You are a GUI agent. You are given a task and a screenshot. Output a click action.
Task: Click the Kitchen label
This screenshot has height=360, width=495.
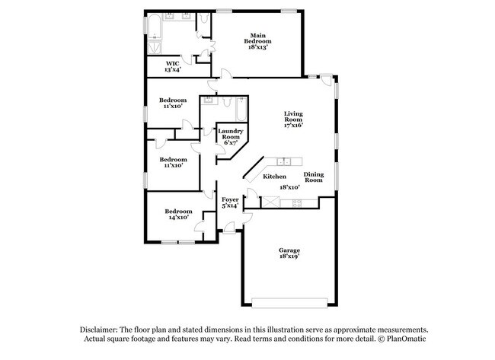pos(274,177)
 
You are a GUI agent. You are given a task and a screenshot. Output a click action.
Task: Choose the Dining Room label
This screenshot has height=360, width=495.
pos(314,177)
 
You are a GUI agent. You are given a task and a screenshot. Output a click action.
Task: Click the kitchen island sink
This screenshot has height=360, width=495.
pos(286,161)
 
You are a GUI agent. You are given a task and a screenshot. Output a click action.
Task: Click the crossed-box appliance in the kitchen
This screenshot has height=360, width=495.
pos(270,202)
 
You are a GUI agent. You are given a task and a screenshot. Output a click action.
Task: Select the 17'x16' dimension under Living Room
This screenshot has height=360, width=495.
pos(293,125)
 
